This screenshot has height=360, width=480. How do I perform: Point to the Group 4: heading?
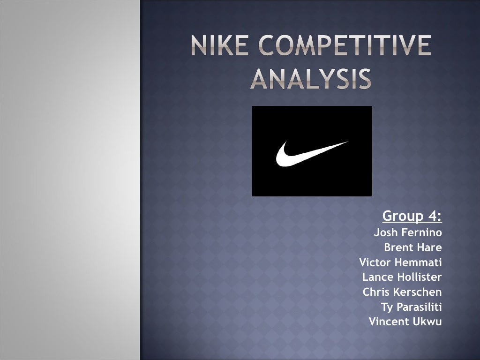pyautogui.click(x=412, y=216)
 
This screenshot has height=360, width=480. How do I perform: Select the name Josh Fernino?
pyautogui.click(x=408, y=232)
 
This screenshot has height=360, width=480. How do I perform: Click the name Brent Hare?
pyautogui.click(x=413, y=247)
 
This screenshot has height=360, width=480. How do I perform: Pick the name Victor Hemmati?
pyautogui.click(x=400, y=262)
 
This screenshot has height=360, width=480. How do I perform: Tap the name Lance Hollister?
pyautogui.click(x=402, y=277)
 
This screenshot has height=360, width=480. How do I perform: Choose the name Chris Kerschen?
pyautogui.click(x=402, y=292)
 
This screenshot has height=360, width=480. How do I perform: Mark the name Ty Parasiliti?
pyautogui.click(x=412, y=307)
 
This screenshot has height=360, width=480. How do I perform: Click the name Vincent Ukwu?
pyautogui.click(x=405, y=322)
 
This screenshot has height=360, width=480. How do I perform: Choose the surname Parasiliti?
pyautogui.click(x=420, y=307)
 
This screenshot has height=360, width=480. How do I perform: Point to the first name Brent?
pyautogui.click(x=397, y=247)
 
